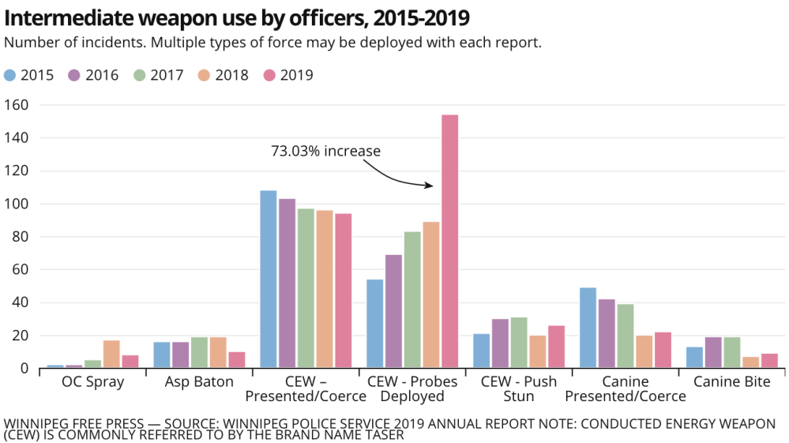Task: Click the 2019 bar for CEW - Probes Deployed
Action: (450, 242)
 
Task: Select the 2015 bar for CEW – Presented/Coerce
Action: (269, 279)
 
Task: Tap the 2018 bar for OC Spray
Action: (111, 354)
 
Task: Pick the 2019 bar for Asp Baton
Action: (237, 359)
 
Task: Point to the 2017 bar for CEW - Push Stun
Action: (519, 343)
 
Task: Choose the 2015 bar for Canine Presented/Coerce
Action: (588, 328)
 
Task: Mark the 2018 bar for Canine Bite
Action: (751, 362)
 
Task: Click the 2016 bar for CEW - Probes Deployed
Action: (393, 311)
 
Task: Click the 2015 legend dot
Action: (9, 76)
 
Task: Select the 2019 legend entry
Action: (288, 76)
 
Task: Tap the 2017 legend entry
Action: (159, 76)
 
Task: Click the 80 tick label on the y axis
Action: (21, 237)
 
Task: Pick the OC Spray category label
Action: (92, 381)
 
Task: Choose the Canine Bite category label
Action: (731, 381)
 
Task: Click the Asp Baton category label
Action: (199, 381)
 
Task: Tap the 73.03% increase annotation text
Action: (325, 151)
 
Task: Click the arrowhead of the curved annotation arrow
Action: (430, 186)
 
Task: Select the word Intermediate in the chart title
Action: (69, 18)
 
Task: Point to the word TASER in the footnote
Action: (384, 434)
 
